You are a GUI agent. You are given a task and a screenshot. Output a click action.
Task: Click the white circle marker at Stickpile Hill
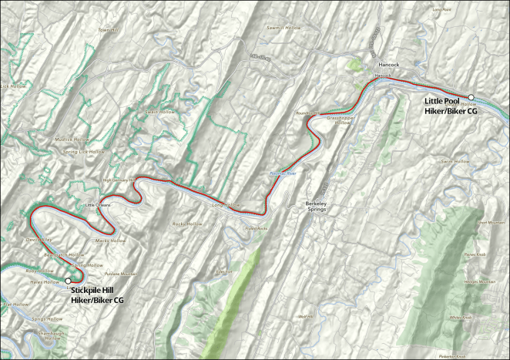tap(69, 281)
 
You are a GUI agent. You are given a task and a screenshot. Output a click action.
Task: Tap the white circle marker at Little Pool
tap(471, 97)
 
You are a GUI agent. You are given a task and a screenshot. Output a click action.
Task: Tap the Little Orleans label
tap(98, 205)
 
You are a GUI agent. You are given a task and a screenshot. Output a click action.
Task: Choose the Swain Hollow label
tap(156, 113)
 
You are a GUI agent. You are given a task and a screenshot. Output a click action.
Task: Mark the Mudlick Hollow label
tap(72, 140)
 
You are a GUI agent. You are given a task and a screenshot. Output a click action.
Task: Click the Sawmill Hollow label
tap(284, 27)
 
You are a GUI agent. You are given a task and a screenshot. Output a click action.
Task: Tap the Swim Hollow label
tap(455, 162)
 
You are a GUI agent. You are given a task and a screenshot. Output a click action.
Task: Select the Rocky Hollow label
tap(187, 224)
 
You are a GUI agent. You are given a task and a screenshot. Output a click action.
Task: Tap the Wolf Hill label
tap(304, 316)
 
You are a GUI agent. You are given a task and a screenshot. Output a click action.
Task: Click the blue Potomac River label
tap(282, 174)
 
